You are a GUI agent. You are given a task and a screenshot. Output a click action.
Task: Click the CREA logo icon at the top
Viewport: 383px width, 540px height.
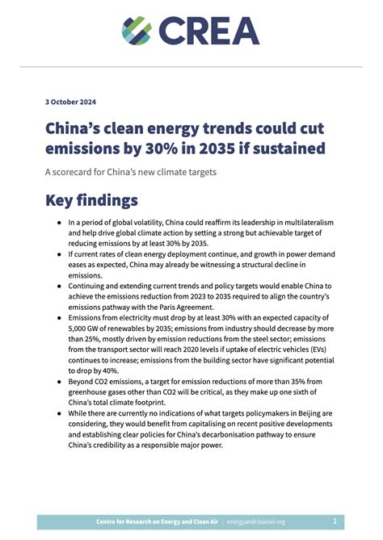[x=137, y=30]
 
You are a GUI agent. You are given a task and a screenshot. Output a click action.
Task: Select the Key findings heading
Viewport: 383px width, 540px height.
[x=91, y=199]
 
